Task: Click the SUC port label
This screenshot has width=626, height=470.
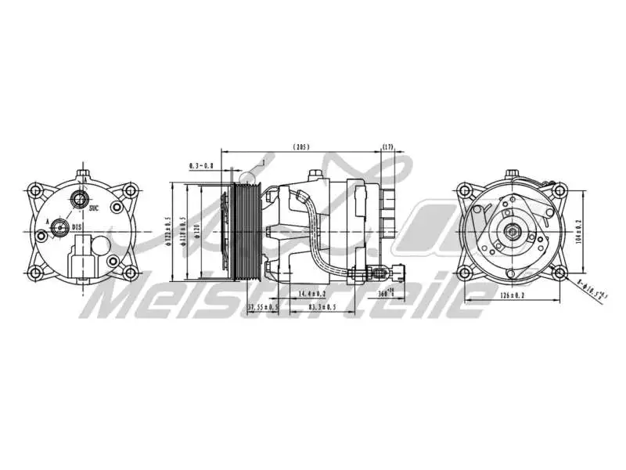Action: point(94,208)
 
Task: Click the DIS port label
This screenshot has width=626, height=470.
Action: point(77,227)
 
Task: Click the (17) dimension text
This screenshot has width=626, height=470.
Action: point(389,146)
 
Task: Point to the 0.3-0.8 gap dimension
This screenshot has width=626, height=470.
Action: point(201,165)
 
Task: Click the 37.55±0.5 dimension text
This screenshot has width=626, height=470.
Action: point(264,306)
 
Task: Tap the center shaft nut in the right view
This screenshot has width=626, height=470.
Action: point(512,232)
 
